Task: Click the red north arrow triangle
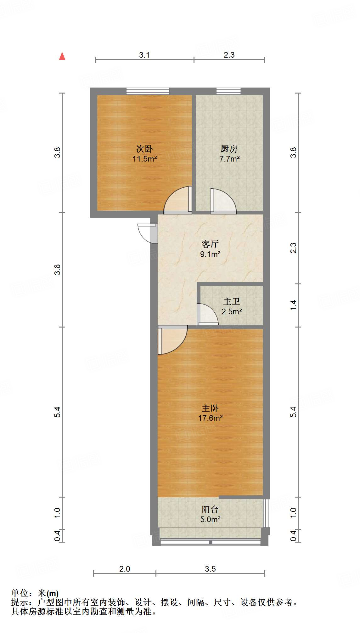[x=62, y=56]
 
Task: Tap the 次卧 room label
[x=144, y=149]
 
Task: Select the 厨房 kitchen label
[x=229, y=149]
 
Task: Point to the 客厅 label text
[x=210, y=244]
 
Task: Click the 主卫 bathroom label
[x=232, y=301]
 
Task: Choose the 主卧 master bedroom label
[x=210, y=408]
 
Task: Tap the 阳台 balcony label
[x=210, y=509]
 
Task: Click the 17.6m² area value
[x=210, y=418]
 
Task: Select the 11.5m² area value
[x=144, y=159]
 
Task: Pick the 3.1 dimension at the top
[x=144, y=55]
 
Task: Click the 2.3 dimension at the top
[x=229, y=55]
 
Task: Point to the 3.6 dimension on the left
[x=57, y=270]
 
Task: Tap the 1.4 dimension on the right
[x=293, y=305]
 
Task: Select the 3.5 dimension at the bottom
[x=210, y=569]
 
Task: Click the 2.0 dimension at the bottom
[x=125, y=569]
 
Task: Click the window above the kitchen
[x=228, y=91]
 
